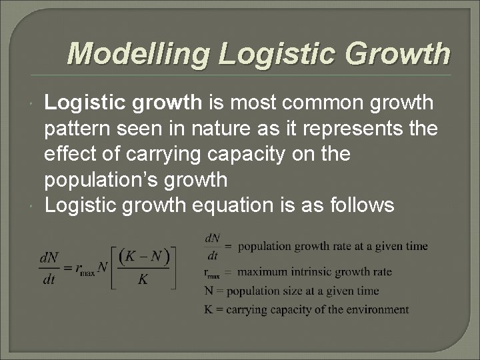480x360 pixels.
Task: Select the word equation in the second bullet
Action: point(261,205)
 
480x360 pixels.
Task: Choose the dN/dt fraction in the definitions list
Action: point(213,246)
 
